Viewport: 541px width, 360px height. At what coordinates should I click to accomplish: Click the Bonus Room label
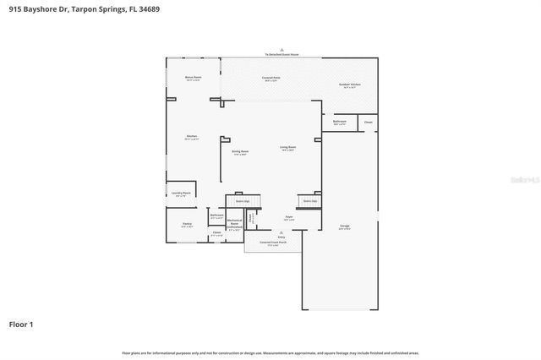click(193, 78)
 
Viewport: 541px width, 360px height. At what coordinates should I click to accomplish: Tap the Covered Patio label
click(270, 78)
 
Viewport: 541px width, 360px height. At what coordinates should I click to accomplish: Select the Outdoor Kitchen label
click(350, 85)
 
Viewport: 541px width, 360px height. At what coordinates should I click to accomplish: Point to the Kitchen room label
click(192, 137)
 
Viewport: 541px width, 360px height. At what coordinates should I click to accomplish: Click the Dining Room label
click(240, 152)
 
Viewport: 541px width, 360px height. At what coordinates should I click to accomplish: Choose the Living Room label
click(287, 148)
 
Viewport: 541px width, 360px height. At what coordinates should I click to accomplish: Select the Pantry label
click(187, 225)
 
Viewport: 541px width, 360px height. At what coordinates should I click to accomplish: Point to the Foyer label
click(288, 218)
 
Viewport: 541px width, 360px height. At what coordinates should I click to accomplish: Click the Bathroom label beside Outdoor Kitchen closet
click(339, 123)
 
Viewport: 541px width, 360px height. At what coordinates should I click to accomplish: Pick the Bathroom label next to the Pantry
click(216, 216)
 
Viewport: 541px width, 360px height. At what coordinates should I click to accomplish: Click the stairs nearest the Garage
click(309, 201)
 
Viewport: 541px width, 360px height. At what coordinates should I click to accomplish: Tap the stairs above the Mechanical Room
click(241, 201)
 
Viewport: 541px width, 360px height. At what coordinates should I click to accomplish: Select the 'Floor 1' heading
click(21, 324)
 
